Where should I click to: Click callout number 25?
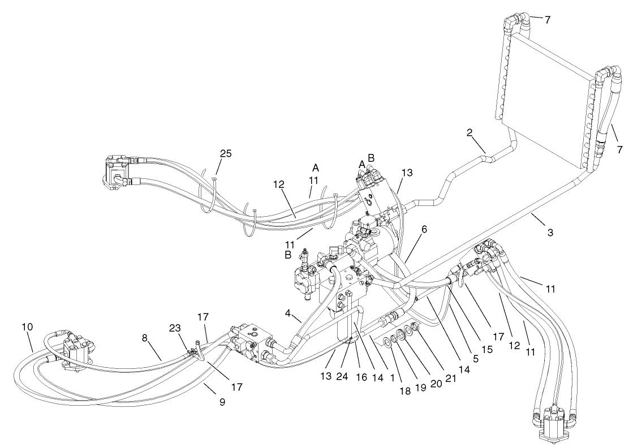click(226, 154)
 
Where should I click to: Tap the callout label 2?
click(470, 134)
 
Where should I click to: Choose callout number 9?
click(222, 402)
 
